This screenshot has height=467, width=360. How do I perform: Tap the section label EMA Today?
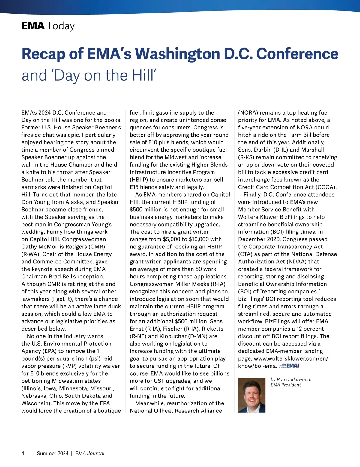pos(48,26)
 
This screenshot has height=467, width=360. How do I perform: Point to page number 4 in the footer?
pos(23,453)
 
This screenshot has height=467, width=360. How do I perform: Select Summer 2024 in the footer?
pos(52,453)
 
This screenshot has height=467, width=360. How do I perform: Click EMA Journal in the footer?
pos(90,453)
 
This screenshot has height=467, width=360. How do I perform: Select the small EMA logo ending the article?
pos(289,366)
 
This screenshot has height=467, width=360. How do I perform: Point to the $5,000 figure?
pos(173,239)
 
